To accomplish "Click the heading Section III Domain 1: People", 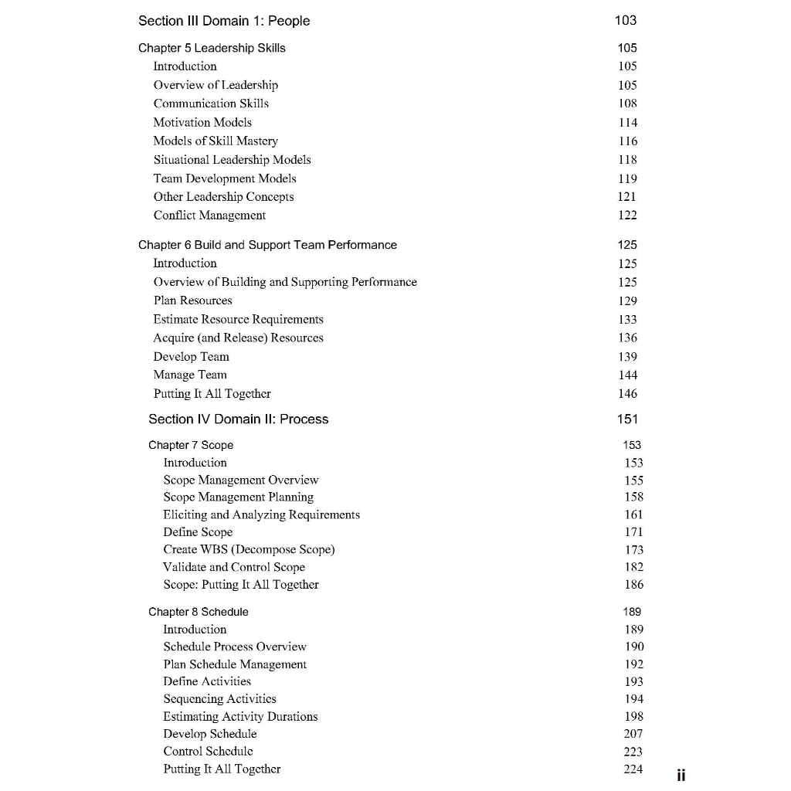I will pos(224,21).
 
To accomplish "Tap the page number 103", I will pos(626,21).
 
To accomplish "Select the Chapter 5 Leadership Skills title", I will pos(212,48).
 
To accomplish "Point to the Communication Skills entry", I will pos(211,104).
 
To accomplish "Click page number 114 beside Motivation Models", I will pos(628,122).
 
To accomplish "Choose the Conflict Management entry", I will pos(209,216).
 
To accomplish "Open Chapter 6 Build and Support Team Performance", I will pos(267,245).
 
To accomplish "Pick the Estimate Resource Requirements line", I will pos(238,319).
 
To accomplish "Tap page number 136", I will pos(628,338).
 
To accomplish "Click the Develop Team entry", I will pos(191,356).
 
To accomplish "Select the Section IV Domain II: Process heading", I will pos(238,419).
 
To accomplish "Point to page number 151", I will pos(627,419).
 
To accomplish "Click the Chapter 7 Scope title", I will pos(191,445).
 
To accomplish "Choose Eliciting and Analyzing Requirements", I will pos(261,514).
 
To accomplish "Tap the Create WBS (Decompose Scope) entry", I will pos(249,549).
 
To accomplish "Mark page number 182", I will pos(633,567).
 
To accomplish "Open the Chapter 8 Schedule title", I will pos(199,612).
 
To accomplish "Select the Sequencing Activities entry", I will pos(219,699).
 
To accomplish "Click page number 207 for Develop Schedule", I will pos(633,734).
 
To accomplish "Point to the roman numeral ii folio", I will pos(681,775).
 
